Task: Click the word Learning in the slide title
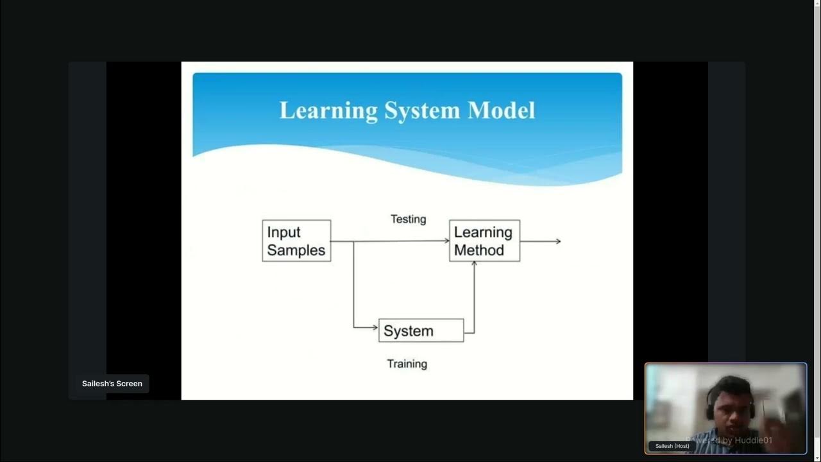[328, 110]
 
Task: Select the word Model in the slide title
[501, 110]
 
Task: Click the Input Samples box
[296, 241]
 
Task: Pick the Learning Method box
[484, 241]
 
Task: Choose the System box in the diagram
[421, 330]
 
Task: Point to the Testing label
[408, 219]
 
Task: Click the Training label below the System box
[407, 364]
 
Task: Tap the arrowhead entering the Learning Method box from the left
[446, 241]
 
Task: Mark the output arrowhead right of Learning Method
[558, 241]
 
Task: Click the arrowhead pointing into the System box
[375, 327]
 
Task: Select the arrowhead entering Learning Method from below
[474, 264]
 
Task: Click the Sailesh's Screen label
[112, 384]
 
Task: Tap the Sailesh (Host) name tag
[672, 446]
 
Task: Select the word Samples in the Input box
[296, 250]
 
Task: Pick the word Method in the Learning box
[478, 250]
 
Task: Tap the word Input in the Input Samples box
[284, 232]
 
